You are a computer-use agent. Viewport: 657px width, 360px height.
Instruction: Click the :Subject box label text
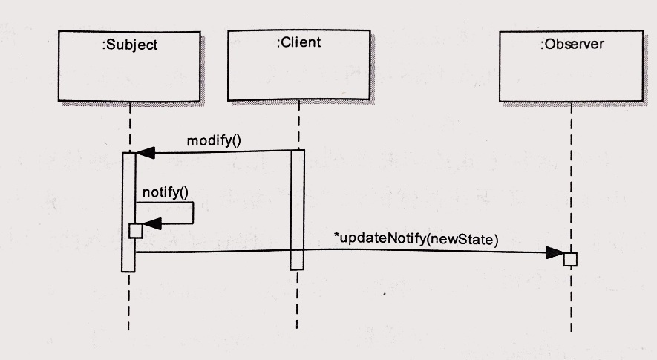pyautogui.click(x=129, y=45)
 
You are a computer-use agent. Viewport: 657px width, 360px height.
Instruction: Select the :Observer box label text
pyautogui.click(x=572, y=44)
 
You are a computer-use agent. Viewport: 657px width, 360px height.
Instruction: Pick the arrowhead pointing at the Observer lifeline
pyautogui.click(x=555, y=252)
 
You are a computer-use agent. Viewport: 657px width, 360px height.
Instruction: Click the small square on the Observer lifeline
pyautogui.click(x=570, y=259)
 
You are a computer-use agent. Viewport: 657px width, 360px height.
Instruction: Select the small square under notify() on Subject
pyautogui.click(x=135, y=231)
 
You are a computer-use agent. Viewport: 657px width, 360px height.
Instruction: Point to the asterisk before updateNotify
pyautogui.click(x=336, y=237)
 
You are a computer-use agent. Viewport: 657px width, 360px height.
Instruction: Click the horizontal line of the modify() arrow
pyautogui.click(x=223, y=151)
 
